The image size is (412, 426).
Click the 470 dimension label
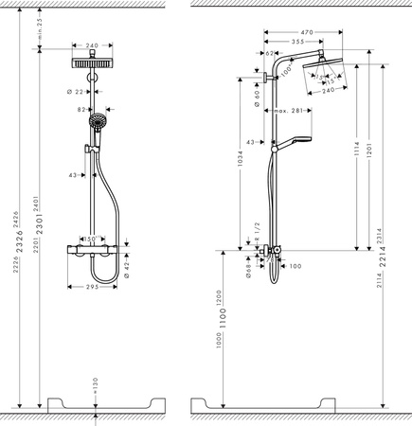tap(300, 30)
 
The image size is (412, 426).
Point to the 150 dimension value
tap(95, 240)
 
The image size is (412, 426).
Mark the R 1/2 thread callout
tap(257, 232)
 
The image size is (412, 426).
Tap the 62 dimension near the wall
tap(269, 55)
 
